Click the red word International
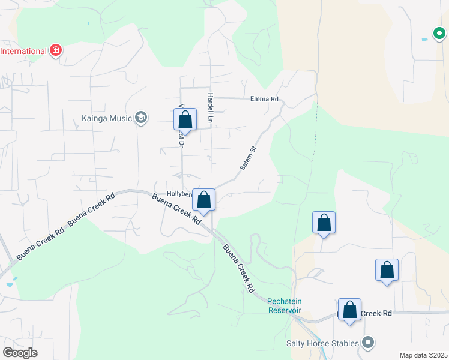(23, 50)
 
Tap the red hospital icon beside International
(56, 50)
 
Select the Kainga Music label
(106, 118)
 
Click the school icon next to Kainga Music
(141, 118)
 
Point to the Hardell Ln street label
(210, 108)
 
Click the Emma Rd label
(265, 99)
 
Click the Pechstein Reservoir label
(284, 305)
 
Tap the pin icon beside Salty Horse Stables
(368, 343)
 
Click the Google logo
(20, 352)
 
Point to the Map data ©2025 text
(423, 355)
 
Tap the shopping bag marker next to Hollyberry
(204, 200)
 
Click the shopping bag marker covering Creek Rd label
(349, 310)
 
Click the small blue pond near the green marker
(425, 39)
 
